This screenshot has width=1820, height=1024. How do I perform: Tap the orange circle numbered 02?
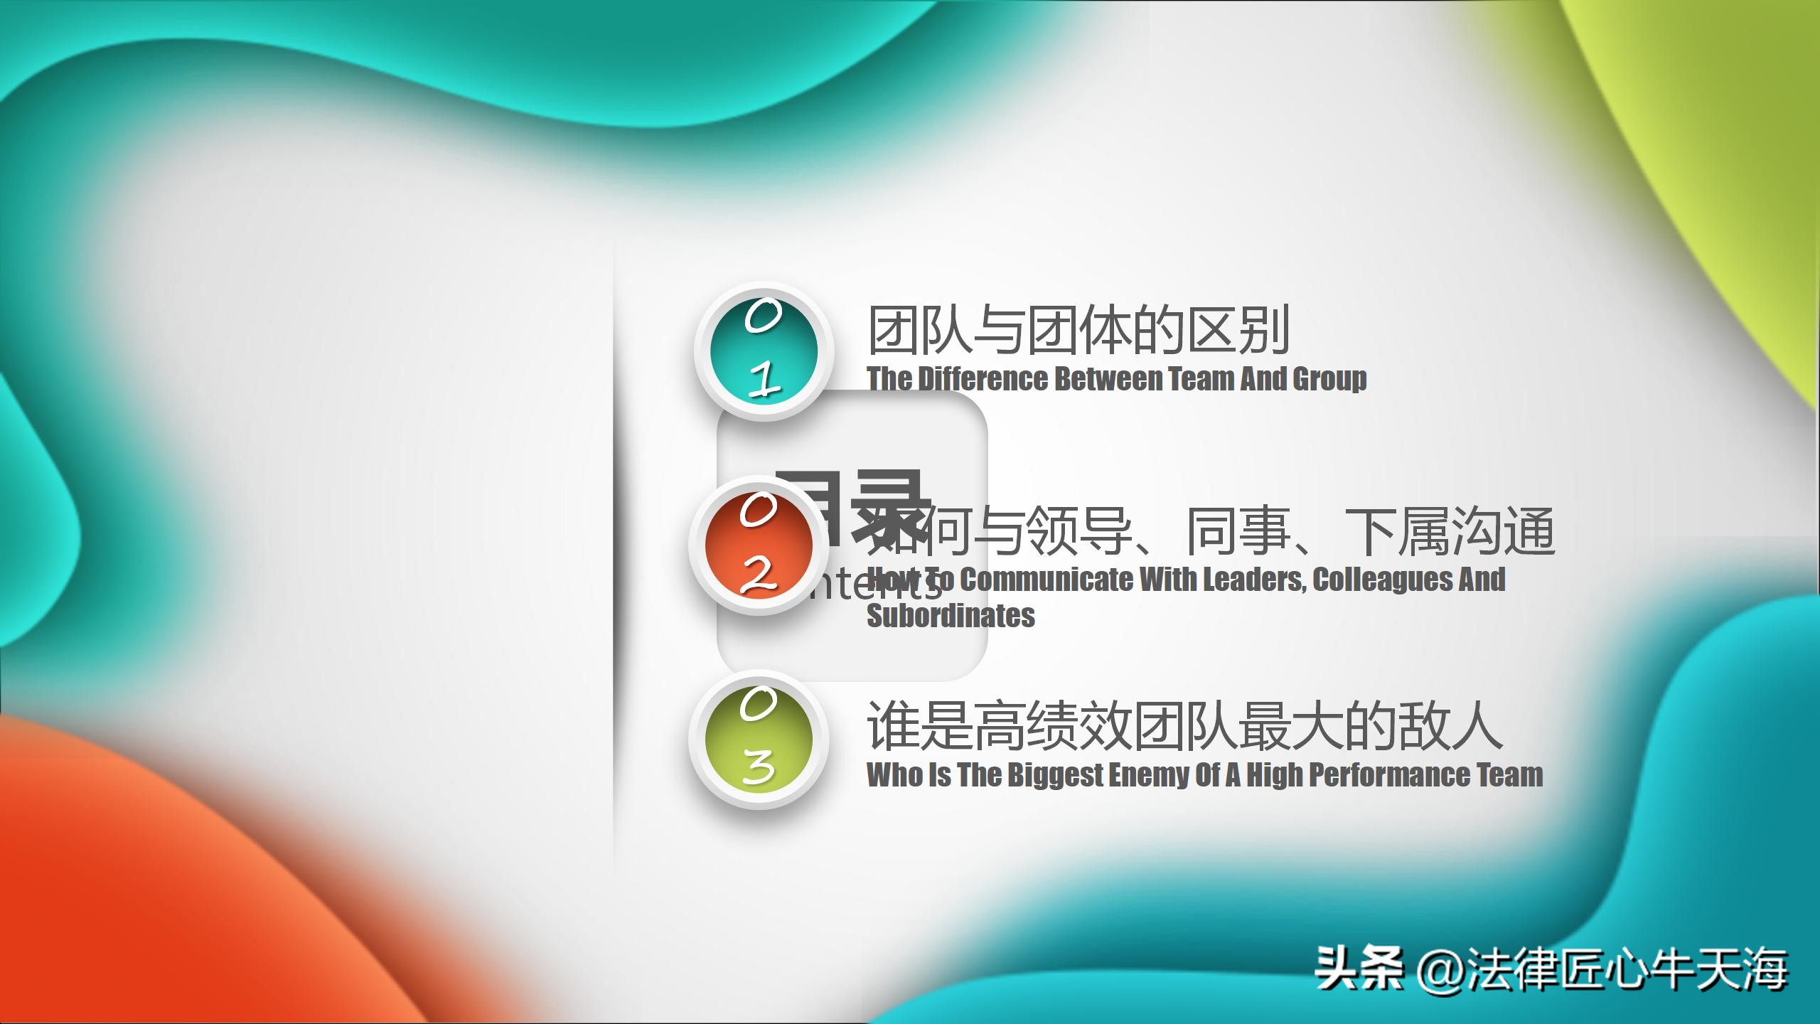758,545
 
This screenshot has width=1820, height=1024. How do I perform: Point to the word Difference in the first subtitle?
983,379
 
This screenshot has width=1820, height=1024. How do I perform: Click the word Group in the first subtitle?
1329,379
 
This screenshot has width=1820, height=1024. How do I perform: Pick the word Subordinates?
951,616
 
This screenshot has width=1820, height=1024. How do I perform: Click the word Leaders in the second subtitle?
1253,580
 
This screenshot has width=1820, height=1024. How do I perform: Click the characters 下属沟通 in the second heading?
1450,531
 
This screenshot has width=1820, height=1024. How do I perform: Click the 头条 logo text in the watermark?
1359,969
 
